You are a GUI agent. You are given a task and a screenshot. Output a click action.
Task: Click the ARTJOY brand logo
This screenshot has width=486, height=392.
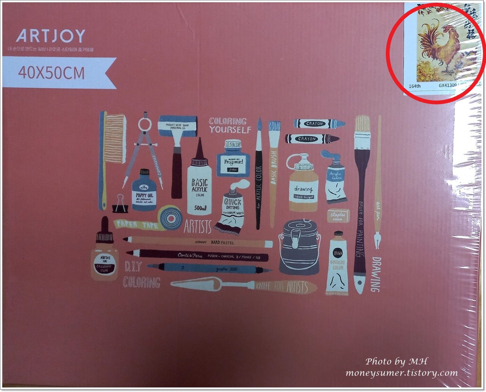[50, 36]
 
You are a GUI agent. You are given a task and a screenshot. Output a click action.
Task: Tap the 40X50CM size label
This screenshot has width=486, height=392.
[51, 72]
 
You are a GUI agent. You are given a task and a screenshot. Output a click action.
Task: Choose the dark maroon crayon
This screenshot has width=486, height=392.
[311, 139]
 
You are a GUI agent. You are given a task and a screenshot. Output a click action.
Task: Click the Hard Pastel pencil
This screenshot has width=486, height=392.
[197, 241]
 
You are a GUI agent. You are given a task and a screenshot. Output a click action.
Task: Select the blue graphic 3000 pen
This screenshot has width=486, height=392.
[209, 269]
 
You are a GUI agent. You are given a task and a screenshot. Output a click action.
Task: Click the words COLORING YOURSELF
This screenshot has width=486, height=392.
[230, 125]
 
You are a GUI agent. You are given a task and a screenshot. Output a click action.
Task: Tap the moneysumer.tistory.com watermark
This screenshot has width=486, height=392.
[401, 373]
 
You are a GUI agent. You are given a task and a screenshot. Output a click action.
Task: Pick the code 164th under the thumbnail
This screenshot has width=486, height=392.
[415, 86]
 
